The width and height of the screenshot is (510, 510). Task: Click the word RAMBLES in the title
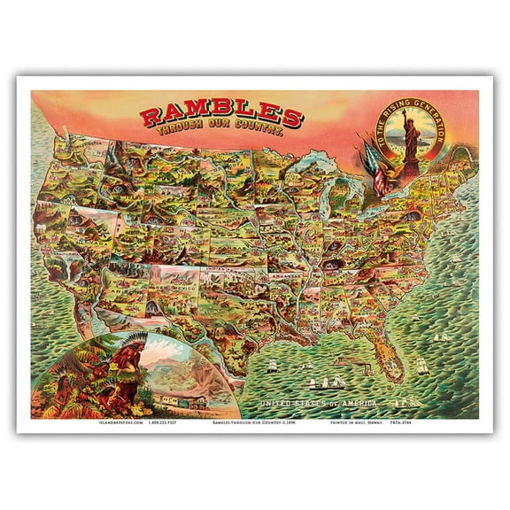(222, 115)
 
